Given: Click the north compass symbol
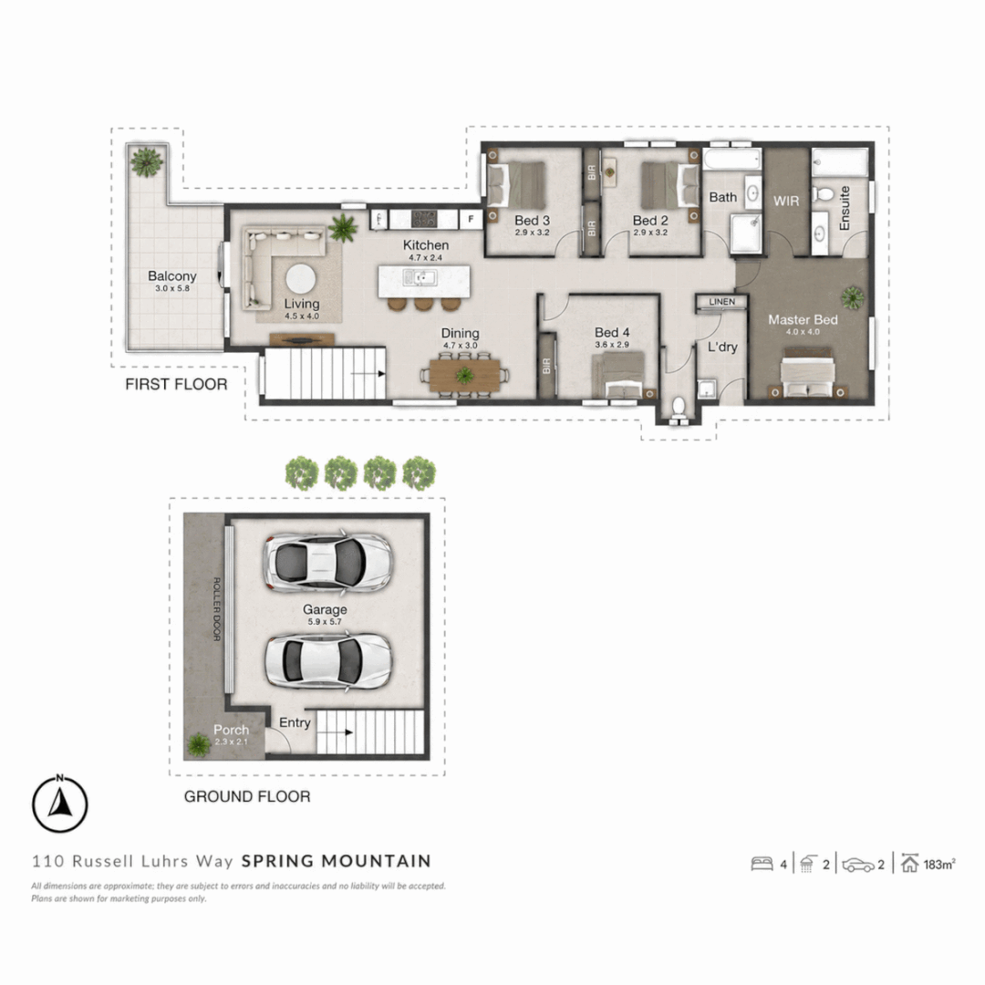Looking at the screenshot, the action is pos(59,804).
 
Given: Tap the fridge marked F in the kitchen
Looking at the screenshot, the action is pos(471,219).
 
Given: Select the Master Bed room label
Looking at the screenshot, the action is pos(803,320).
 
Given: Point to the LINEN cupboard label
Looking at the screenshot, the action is pos(721,302).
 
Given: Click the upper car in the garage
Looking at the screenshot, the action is pos(327,562).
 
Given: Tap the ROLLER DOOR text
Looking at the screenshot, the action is pos(217,608).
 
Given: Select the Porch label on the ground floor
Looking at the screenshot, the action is pos(231,730).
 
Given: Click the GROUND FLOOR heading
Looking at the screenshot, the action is pos(247,796).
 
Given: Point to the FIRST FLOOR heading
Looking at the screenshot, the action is pos(176,385).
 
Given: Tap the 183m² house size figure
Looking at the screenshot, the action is pos(939,865).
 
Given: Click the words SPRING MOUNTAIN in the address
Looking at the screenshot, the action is pos(336,861).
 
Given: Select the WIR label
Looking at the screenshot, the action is pos(786,201).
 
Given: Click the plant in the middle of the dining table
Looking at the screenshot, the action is pos(465,375).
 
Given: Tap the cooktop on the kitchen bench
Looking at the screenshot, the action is pos(424,219).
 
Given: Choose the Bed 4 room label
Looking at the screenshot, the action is pos(612,332).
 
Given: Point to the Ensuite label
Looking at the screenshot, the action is pos(845,208).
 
